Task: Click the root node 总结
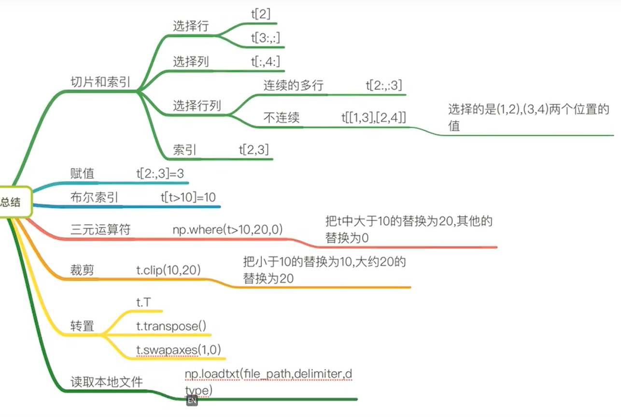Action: pos(11,202)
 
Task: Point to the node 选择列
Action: pos(191,61)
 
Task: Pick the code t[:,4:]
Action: pos(265,61)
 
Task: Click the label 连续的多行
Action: pos(293,86)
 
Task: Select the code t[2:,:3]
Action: pos(384,86)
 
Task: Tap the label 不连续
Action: pos(281,117)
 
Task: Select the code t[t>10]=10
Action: pos(188,197)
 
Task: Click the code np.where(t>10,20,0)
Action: pos(228,229)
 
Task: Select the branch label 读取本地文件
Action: pos(107,382)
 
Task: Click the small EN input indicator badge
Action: pos(192,400)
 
